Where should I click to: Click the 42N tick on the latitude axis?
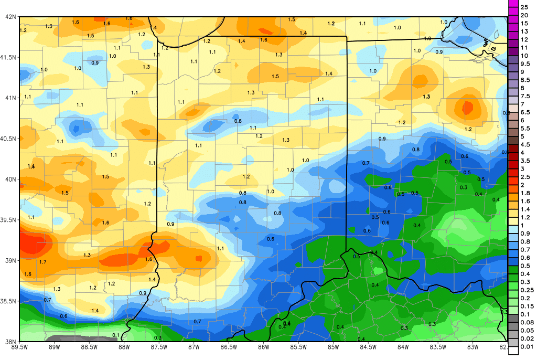[x=9, y=17]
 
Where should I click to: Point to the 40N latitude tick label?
[x=9, y=179]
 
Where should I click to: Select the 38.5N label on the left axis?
[x=9, y=301]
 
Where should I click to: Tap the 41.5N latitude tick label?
[x=9, y=57]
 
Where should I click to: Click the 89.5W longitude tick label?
[x=20, y=346]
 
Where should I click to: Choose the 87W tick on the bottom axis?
[x=194, y=346]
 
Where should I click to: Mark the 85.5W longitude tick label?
[x=298, y=346]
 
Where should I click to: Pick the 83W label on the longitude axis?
[x=472, y=346]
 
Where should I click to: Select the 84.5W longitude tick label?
[x=368, y=346]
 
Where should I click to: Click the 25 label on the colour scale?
[x=524, y=7]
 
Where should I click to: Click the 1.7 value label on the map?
[x=43, y=262]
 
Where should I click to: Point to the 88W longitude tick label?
[x=124, y=346]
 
